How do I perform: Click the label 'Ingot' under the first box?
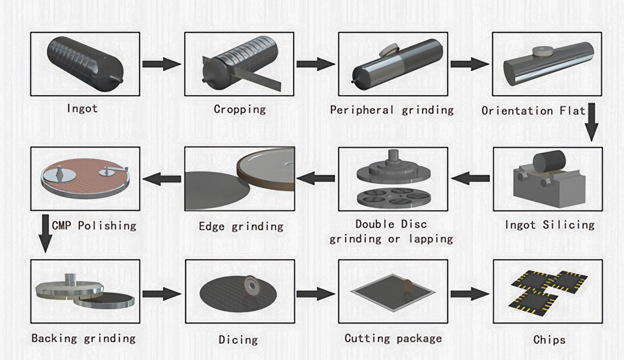coord(82,108)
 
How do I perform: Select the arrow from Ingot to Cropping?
coord(162,64)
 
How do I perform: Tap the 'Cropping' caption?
coord(240,109)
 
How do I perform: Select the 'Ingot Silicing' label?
coord(550,225)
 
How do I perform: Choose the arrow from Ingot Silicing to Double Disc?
coord(471,178)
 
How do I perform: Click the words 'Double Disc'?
coord(391,224)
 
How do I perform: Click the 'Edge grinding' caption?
coord(241,227)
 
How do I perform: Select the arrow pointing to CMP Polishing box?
coord(162,178)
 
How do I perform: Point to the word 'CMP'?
coord(62,225)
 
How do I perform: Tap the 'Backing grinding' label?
coord(84,338)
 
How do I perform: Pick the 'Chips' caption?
coord(549,340)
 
